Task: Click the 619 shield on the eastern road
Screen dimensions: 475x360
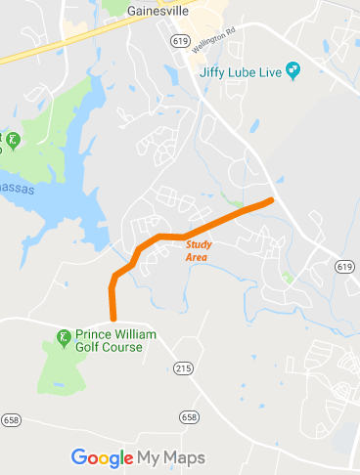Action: pos(343,266)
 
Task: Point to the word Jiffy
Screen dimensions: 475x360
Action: pos(214,72)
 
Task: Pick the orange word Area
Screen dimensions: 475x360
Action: pos(197,257)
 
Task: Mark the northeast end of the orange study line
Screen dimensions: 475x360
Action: pos(271,200)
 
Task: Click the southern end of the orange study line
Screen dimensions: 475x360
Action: pos(113,318)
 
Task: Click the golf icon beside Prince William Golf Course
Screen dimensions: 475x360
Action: pos(64,338)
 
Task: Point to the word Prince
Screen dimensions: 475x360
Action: pos(93,333)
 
